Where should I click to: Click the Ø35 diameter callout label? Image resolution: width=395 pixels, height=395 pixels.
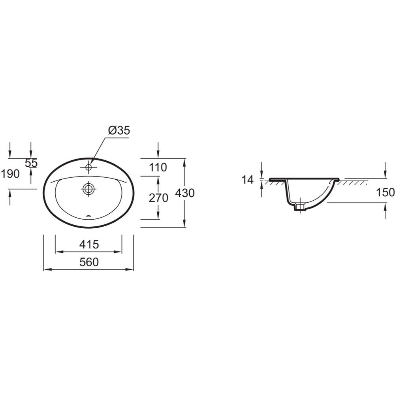(x=119, y=130)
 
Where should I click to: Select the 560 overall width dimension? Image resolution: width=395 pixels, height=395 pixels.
(x=89, y=262)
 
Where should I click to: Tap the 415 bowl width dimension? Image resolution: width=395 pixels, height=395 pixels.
(x=89, y=245)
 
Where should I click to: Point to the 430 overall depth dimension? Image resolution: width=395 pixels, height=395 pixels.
(x=184, y=193)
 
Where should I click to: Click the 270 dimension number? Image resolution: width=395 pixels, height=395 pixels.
(x=158, y=198)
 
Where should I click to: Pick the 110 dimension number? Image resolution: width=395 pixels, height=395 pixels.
(x=158, y=167)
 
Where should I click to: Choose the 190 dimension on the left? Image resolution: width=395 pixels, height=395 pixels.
(x=10, y=174)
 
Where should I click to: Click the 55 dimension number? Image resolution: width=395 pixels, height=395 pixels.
(x=31, y=163)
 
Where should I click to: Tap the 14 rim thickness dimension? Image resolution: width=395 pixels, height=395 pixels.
(x=247, y=180)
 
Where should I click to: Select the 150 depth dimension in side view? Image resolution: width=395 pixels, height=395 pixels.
(x=385, y=193)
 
